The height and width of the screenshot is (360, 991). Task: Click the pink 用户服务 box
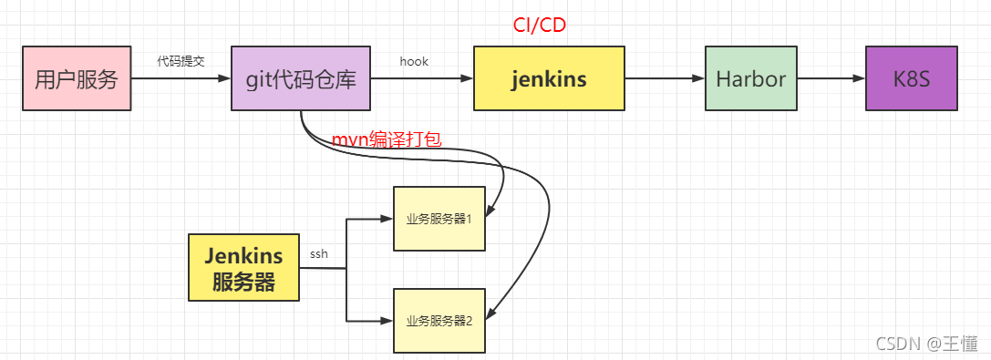(77, 79)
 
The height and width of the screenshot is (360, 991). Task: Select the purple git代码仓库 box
(300, 79)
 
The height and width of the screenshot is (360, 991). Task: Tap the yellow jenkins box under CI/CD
(549, 79)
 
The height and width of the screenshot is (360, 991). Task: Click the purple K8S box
(911, 79)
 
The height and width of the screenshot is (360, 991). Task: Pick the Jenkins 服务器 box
(243, 268)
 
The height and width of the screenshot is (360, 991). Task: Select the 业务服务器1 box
(439, 219)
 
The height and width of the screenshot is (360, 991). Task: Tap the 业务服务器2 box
(439, 320)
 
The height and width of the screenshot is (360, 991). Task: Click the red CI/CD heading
(539, 25)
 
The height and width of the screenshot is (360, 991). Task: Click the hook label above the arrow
(414, 61)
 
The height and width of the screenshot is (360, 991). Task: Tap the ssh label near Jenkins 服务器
(318, 253)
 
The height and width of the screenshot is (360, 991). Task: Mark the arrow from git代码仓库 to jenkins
(421, 79)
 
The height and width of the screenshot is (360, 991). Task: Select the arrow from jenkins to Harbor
(665, 79)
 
